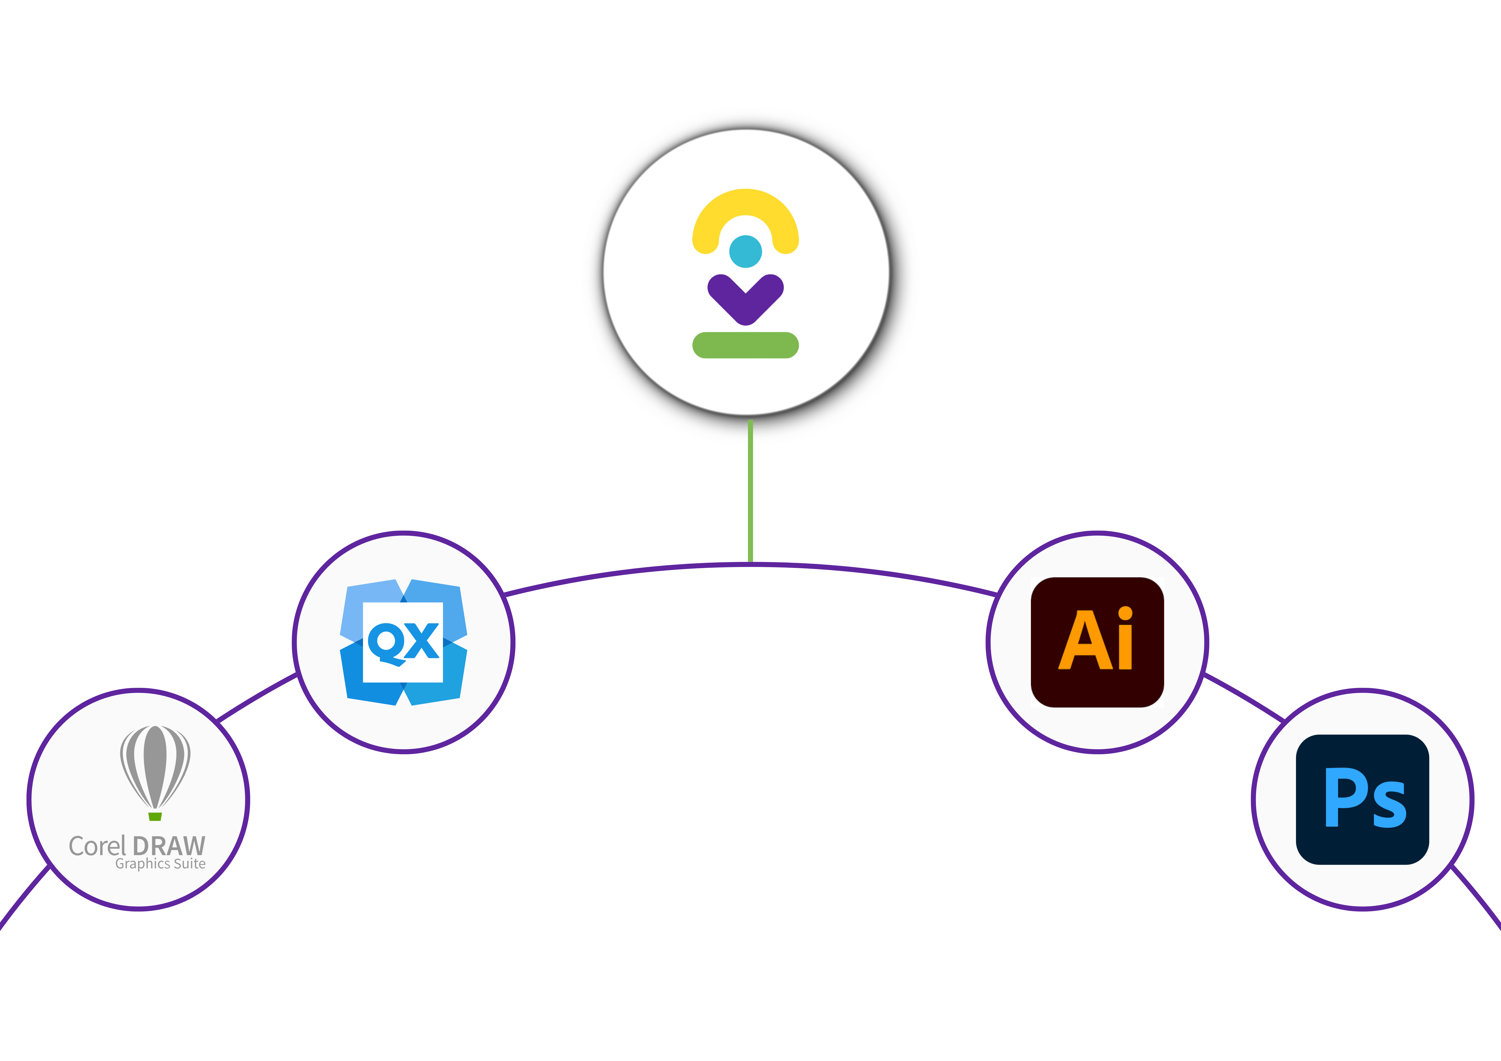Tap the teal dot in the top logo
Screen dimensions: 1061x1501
coord(745,251)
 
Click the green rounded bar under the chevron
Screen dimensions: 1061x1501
coord(745,345)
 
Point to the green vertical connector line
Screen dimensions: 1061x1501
coord(750,490)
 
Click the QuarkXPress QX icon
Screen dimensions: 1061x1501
coord(403,642)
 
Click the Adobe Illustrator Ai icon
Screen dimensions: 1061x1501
coord(1097,642)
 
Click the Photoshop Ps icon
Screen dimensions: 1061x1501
coord(1362,799)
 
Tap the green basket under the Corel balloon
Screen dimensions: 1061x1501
coord(155,816)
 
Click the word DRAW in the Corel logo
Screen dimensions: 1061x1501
coord(169,846)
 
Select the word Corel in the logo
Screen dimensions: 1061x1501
coord(97,846)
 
